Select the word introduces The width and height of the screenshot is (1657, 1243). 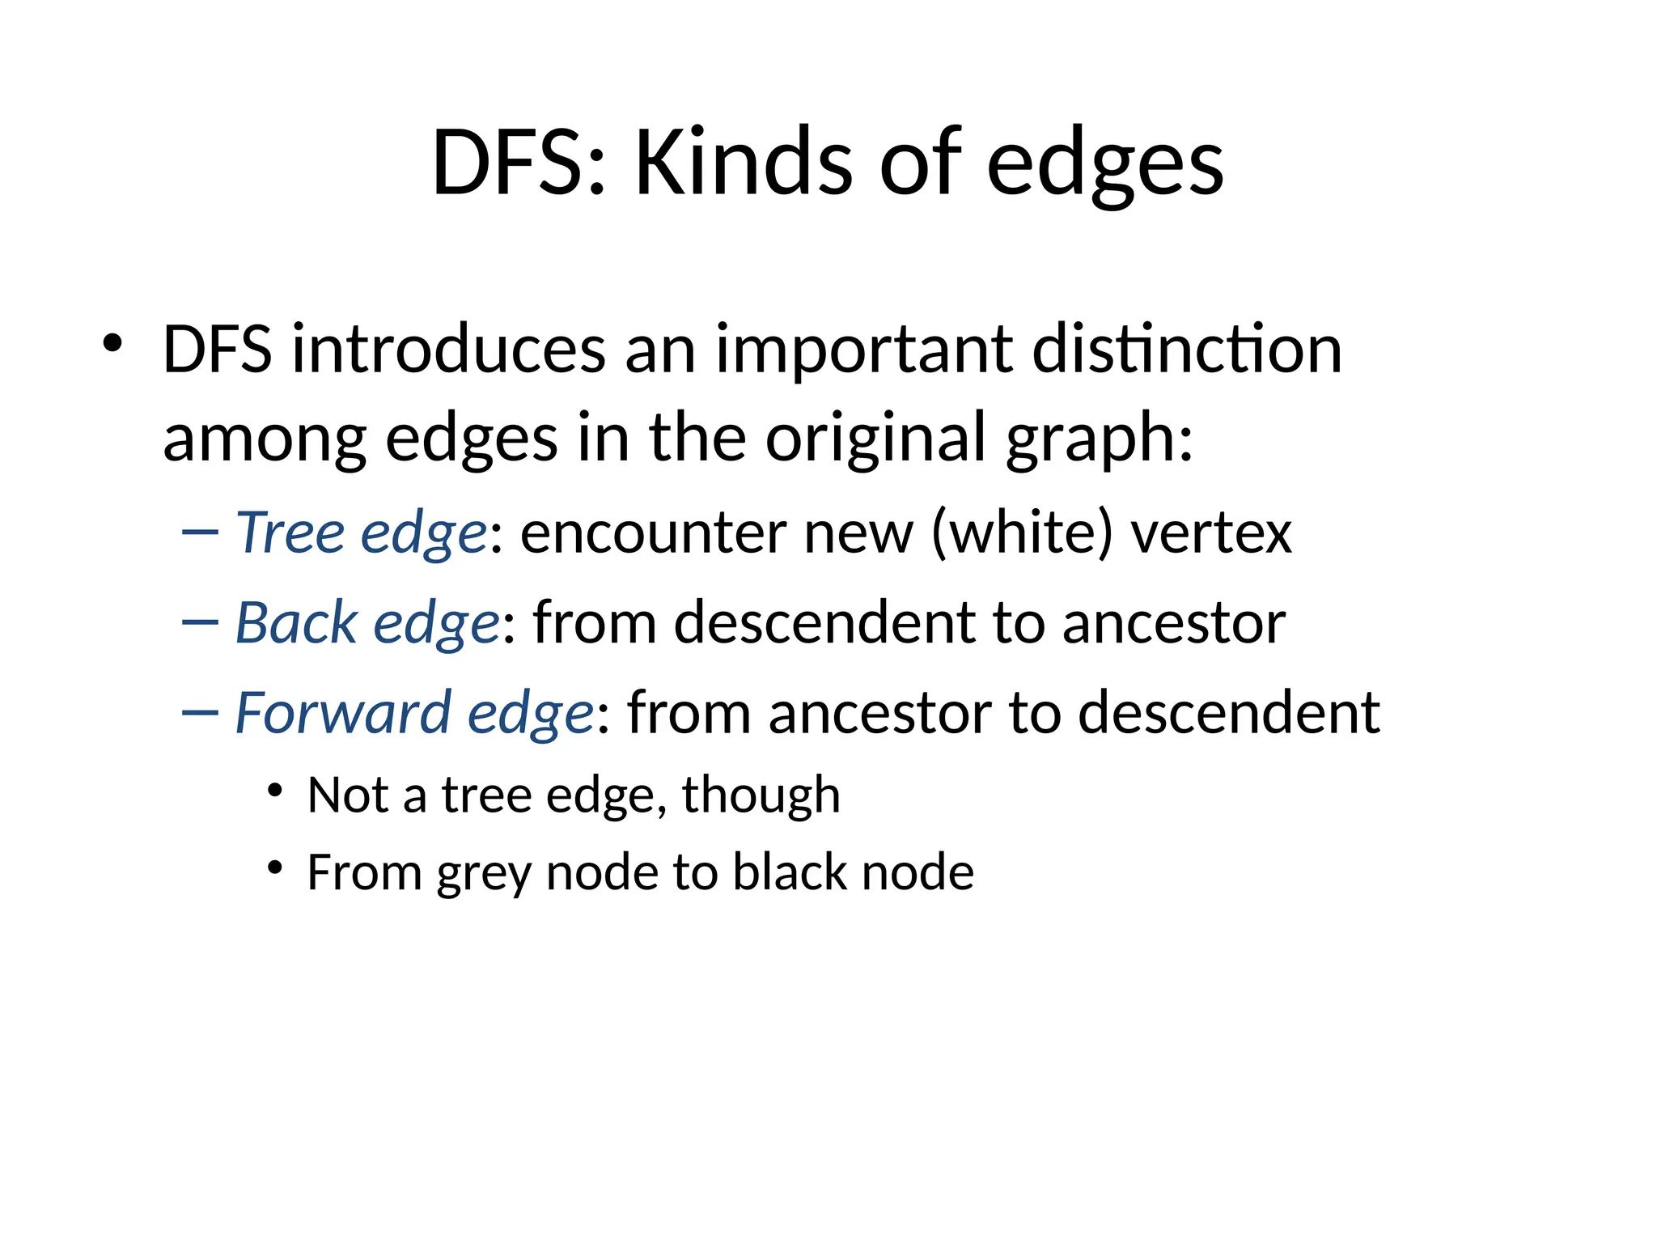click(448, 350)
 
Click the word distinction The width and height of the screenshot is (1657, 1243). click(1187, 350)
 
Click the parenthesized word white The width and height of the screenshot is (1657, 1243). click(1022, 534)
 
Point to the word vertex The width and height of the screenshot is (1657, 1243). click(1211, 534)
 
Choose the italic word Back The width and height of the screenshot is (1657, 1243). click(296, 622)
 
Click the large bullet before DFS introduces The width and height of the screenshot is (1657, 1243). click(112, 343)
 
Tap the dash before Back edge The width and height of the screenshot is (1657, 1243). click(200, 621)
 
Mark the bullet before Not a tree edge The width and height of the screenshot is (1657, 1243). click(275, 789)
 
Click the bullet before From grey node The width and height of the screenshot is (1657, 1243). click(275, 868)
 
